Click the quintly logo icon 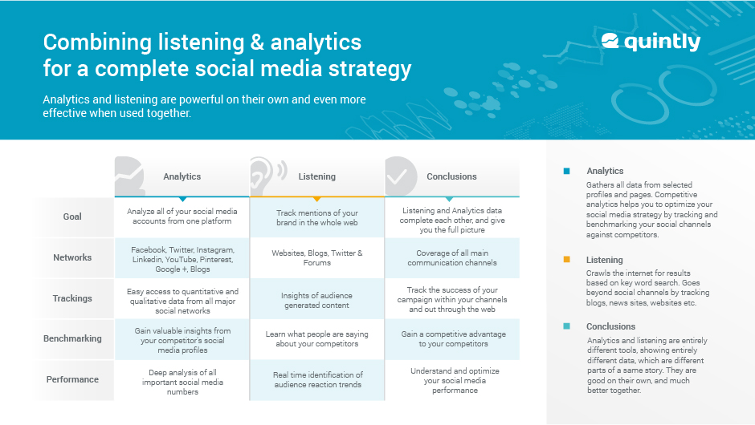point(610,41)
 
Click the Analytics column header point(182,176)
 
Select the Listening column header point(316,176)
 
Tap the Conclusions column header point(451,176)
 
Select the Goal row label point(72,217)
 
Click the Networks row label point(72,257)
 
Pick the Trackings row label point(72,298)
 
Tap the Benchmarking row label point(72,338)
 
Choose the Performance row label point(72,379)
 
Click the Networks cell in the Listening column point(317,257)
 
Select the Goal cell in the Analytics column point(182,217)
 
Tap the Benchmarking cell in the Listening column point(317,338)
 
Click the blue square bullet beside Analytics point(566,171)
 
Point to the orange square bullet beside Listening point(566,260)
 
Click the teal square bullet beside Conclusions point(566,326)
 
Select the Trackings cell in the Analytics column point(182,298)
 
